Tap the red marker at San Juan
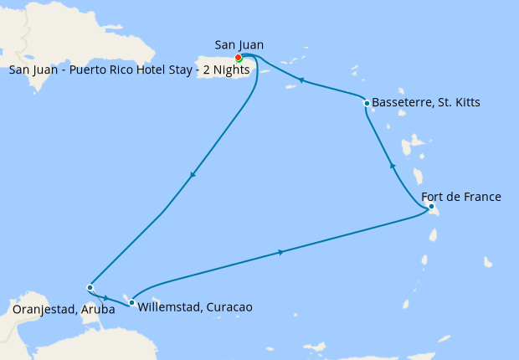[239, 58]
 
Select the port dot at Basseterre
[367, 103]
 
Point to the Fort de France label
[461, 197]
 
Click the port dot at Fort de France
[430, 206]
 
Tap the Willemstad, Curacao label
[192, 307]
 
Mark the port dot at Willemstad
[131, 302]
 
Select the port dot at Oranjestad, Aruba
[90, 287]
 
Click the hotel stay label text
[117, 69]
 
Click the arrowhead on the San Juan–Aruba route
[193, 175]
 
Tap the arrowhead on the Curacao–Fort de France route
[280, 252]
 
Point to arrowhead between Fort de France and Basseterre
[393, 167]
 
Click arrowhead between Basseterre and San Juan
[301, 80]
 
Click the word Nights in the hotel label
[206, 69]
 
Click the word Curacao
[229, 307]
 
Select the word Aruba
[99, 309]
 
